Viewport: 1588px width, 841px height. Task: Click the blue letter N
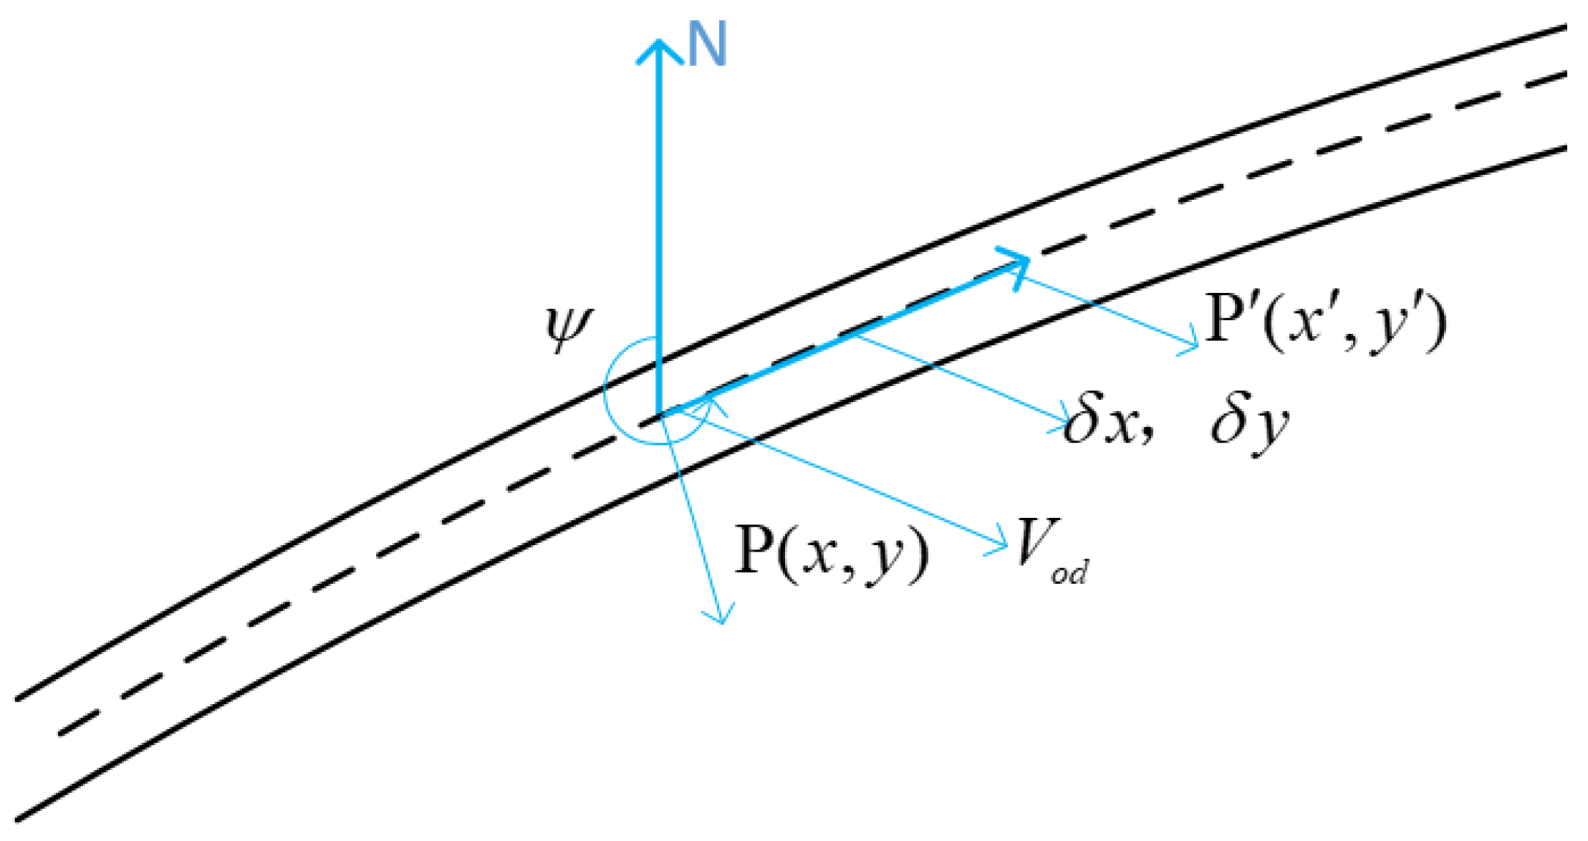point(707,44)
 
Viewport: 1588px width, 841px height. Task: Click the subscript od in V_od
point(1069,572)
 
